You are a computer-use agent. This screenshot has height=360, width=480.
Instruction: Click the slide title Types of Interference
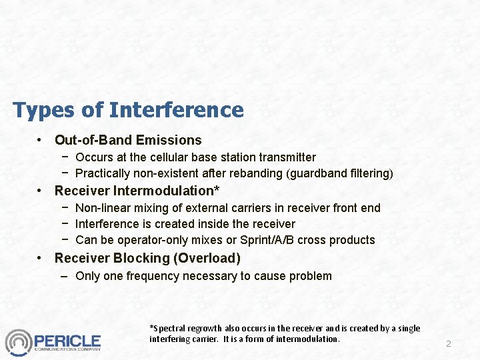click(x=128, y=110)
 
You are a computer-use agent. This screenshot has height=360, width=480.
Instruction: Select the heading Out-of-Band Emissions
click(x=128, y=140)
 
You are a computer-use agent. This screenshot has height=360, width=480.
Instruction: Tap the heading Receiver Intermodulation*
click(x=137, y=191)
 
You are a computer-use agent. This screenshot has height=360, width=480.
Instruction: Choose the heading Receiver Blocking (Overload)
click(x=147, y=258)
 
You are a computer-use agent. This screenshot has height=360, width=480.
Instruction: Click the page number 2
click(x=449, y=344)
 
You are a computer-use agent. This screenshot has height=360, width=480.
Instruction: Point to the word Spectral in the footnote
click(x=168, y=328)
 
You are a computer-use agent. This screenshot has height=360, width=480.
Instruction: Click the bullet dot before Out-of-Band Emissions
click(x=41, y=141)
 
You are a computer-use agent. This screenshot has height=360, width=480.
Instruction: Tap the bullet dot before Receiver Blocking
click(x=41, y=259)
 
